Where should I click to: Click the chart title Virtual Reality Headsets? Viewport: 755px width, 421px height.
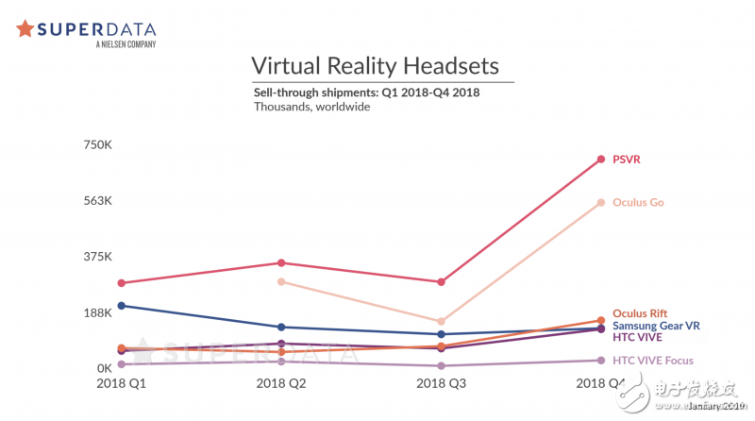(375, 66)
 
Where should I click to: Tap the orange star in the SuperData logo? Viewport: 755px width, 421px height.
(25, 29)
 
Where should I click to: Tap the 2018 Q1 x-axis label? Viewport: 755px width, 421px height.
(122, 384)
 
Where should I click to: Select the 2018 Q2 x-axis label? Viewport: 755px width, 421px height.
(280, 384)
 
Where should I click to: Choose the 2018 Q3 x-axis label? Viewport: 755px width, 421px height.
(440, 384)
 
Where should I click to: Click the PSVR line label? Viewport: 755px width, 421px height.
(627, 160)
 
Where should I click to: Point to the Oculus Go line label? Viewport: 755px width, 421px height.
(638, 202)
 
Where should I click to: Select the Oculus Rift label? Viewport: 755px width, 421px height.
(640, 313)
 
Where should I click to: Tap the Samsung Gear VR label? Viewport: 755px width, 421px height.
(656, 325)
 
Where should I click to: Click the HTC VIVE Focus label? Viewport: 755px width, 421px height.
(653, 360)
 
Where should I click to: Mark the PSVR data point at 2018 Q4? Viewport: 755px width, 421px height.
(600, 160)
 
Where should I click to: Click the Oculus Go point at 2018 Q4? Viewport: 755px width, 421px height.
(600, 202)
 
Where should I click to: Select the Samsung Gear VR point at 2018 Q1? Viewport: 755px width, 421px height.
(122, 306)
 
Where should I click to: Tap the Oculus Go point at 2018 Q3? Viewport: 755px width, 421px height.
(440, 322)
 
